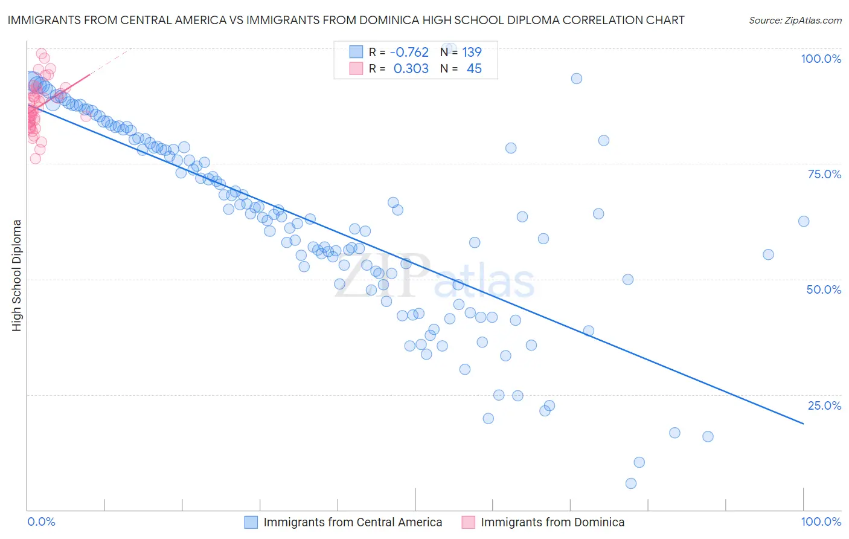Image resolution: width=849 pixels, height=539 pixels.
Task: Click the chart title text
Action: [x=345, y=20]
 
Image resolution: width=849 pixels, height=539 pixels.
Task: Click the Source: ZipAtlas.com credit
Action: [x=795, y=20]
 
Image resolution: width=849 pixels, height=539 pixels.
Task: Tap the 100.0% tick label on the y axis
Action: [x=821, y=59]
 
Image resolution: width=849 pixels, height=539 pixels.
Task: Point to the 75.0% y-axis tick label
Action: [x=824, y=174]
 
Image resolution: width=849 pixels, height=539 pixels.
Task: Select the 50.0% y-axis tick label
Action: [x=824, y=289]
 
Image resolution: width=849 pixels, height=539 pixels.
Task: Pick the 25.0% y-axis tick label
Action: [x=824, y=405]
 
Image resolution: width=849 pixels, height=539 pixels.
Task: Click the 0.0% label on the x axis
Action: [x=41, y=521]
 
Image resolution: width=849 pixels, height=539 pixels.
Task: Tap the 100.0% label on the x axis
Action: [x=821, y=521]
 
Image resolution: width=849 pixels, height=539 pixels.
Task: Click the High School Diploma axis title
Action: [x=17, y=275]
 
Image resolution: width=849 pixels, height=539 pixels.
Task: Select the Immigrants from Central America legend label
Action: [x=353, y=522]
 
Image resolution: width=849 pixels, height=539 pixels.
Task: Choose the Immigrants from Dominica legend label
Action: [x=553, y=522]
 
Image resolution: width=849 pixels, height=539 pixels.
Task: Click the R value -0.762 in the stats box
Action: [x=409, y=52]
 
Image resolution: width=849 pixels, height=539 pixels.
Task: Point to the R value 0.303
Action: [x=411, y=69]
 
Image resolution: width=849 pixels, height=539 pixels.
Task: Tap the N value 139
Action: [x=472, y=52]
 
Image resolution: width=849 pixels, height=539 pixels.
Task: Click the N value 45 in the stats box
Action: [x=474, y=69]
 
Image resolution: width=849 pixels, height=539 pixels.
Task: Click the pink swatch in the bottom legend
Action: [x=468, y=522]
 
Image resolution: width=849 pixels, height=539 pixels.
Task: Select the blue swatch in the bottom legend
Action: [x=251, y=522]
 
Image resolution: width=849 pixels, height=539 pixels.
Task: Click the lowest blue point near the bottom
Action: [x=631, y=483]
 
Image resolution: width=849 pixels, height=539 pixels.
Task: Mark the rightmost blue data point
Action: [x=804, y=221]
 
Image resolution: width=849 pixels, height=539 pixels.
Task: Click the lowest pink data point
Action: [x=36, y=158]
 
